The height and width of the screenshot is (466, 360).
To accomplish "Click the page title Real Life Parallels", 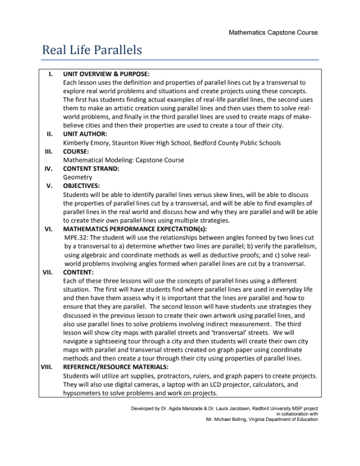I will point(92,50).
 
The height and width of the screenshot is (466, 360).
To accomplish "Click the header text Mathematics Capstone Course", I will point(273,32).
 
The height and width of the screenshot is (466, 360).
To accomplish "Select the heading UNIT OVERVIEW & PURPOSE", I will point(106,74).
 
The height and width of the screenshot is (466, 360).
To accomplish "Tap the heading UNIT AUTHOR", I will point(84,134).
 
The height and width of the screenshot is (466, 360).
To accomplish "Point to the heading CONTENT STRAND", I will point(91,168).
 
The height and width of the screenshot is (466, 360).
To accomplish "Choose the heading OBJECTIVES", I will point(81,185).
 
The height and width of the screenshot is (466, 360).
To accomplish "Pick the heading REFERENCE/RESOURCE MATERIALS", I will point(115,367).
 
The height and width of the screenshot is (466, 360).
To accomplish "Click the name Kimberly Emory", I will point(86,143).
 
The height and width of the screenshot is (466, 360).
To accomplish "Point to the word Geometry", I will point(78,177).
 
